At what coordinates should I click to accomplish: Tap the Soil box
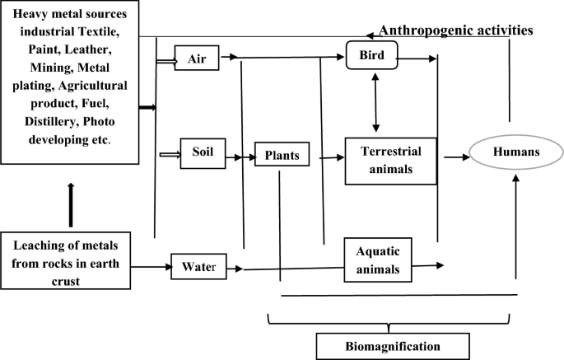pyautogui.click(x=202, y=154)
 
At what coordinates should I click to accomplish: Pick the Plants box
pyautogui.click(x=282, y=155)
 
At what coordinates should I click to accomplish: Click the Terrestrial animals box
pyautogui.click(x=390, y=160)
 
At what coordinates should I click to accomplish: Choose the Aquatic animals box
pyautogui.click(x=378, y=259)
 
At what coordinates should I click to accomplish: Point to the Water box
pyautogui.click(x=198, y=266)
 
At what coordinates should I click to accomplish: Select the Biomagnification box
pyautogui.click(x=393, y=345)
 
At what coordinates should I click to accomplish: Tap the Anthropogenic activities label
pyautogui.click(x=455, y=30)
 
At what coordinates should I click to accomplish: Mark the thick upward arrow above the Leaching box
pyautogui.click(x=70, y=205)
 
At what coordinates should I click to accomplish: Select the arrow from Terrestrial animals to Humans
pyautogui.click(x=455, y=155)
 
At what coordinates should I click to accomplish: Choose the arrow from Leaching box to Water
pyautogui.click(x=150, y=266)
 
